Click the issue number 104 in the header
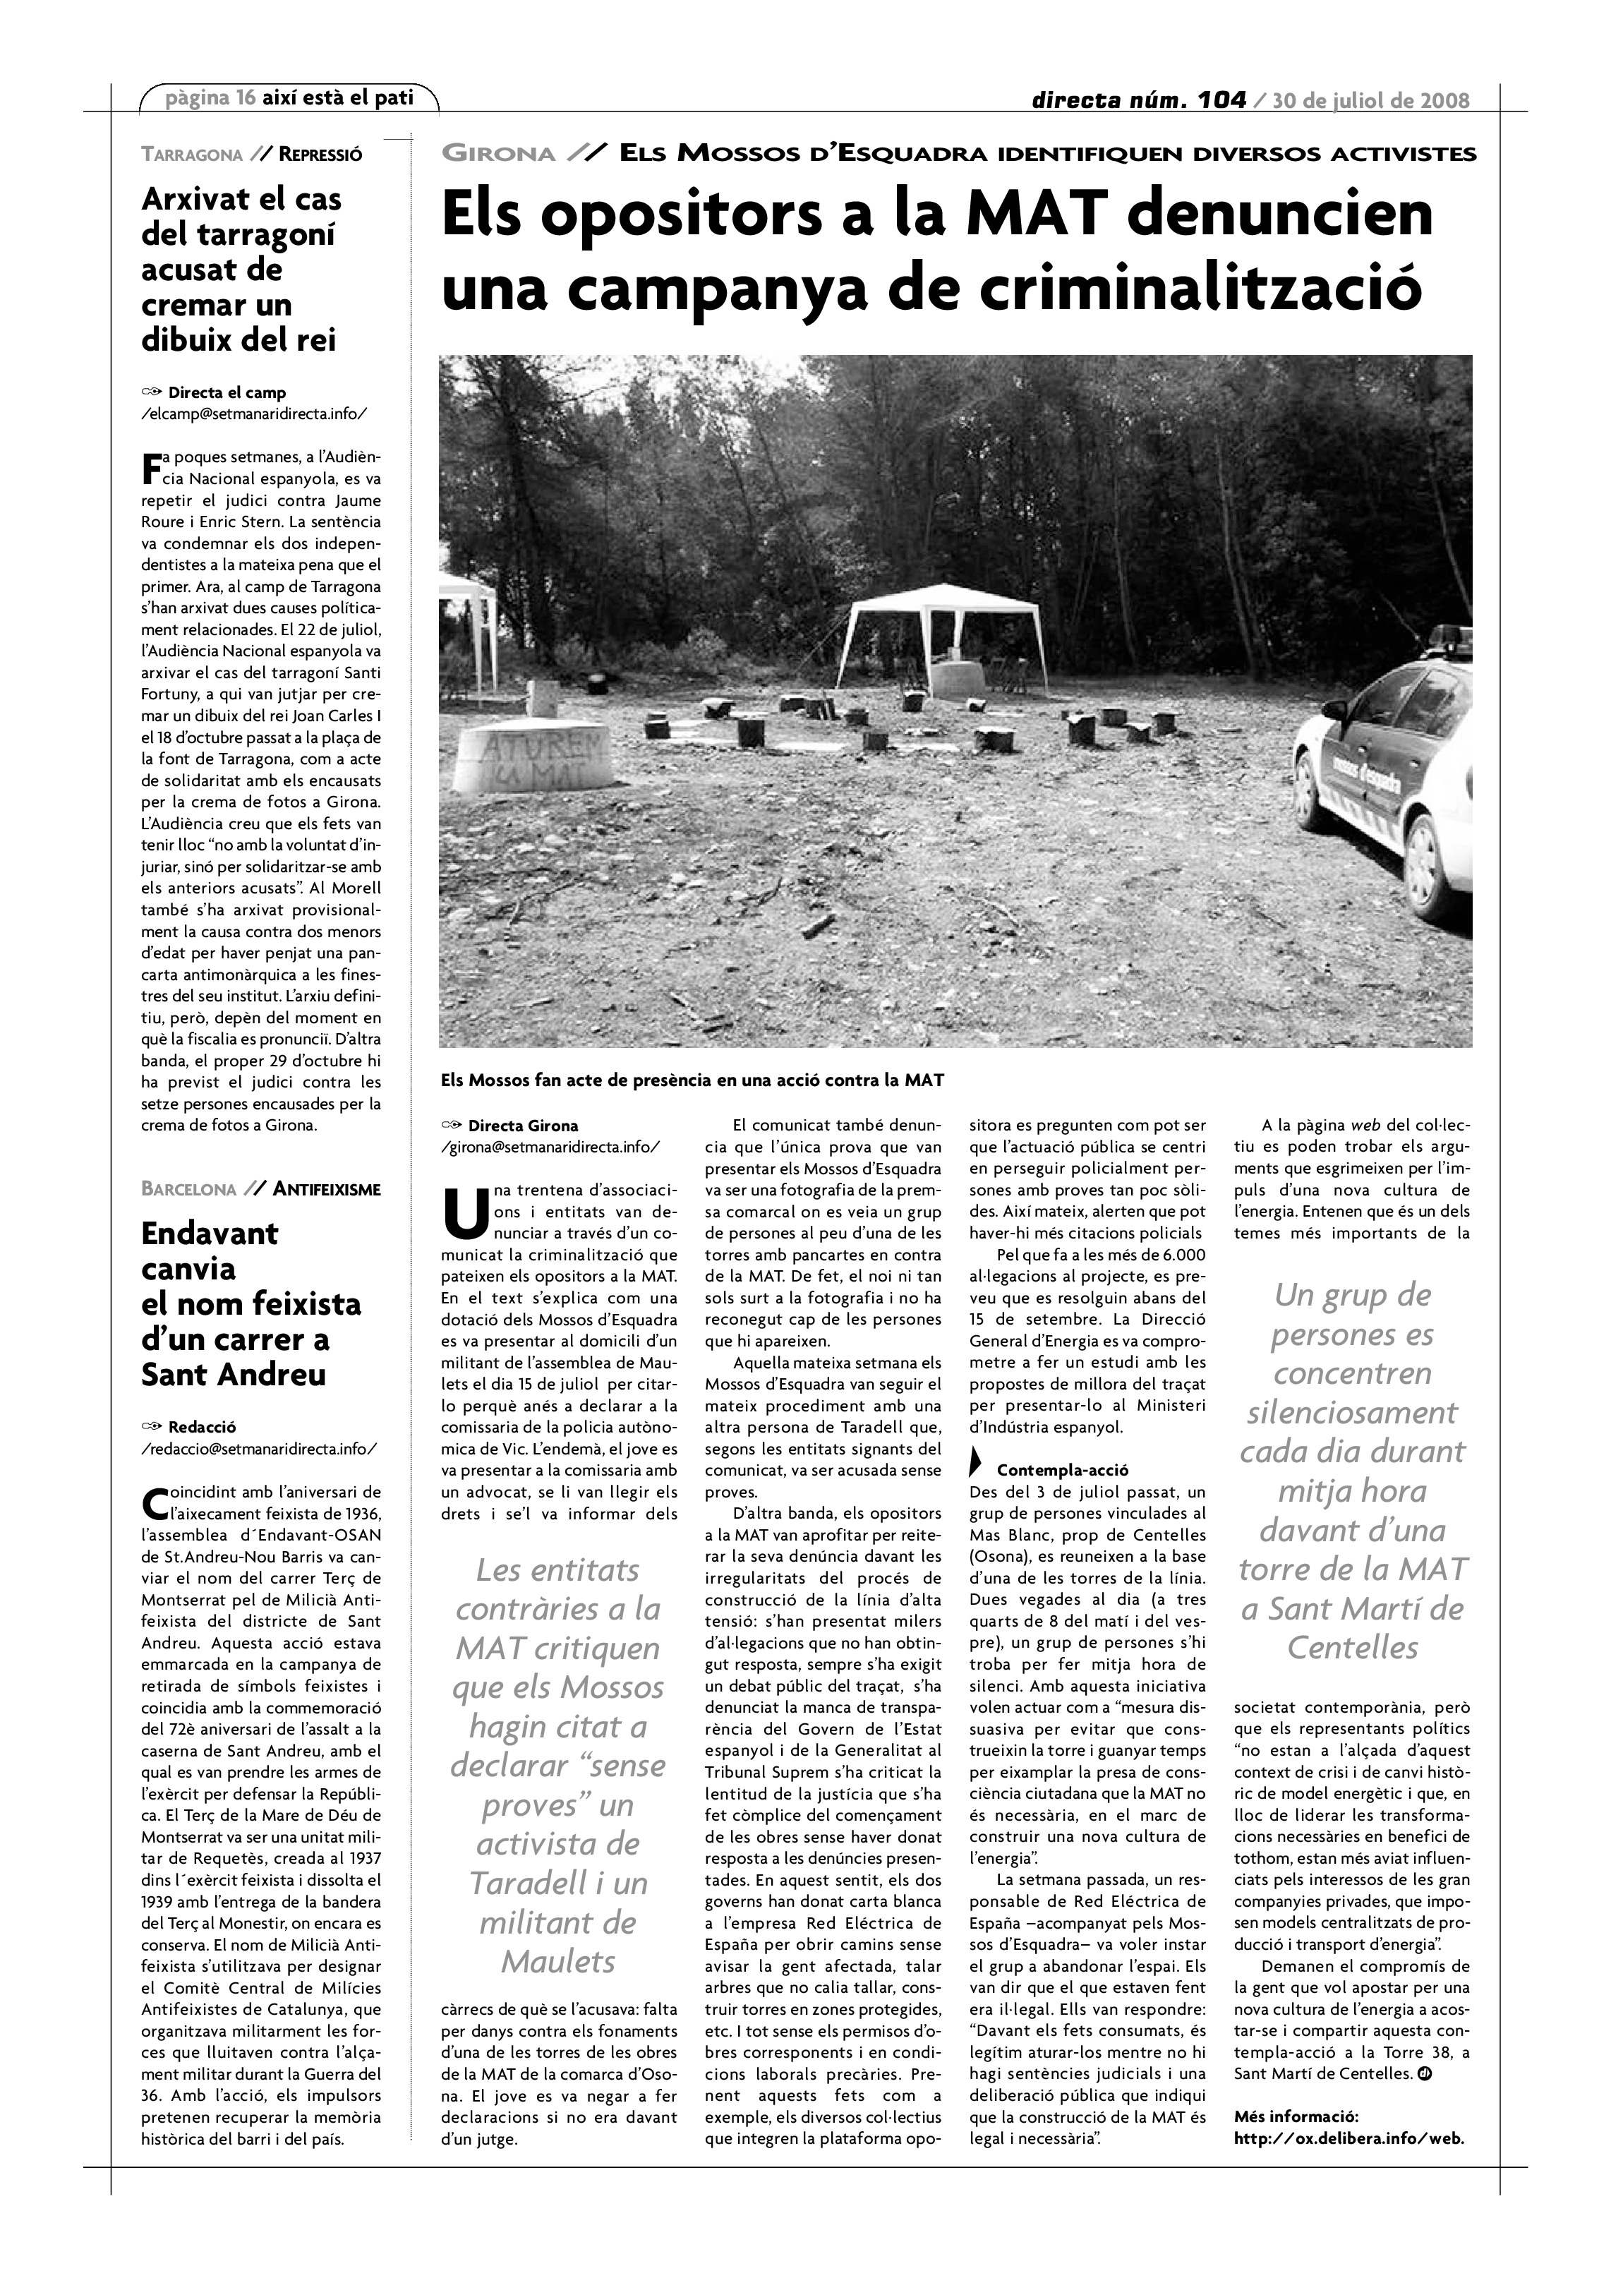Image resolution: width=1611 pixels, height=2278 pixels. pos(1220,100)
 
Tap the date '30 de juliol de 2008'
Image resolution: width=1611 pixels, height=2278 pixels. pos(1371,100)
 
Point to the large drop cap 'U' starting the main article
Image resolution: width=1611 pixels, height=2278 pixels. pos(464,1218)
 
